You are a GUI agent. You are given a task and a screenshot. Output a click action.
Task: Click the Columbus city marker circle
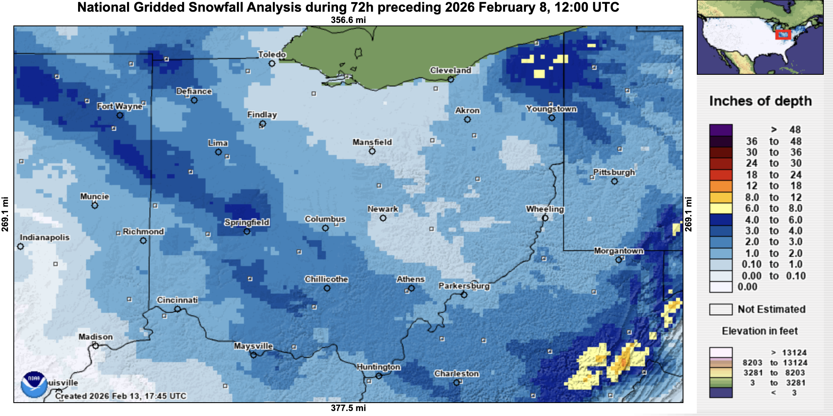[x=325, y=228]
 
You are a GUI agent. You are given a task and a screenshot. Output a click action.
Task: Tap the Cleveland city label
[x=450, y=70]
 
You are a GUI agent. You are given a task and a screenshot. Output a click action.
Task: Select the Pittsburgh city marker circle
[x=614, y=181]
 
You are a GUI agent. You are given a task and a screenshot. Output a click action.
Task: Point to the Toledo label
[x=272, y=54]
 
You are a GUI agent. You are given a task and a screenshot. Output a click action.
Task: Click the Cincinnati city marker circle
[x=178, y=309]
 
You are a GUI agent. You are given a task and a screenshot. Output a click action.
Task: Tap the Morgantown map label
[x=618, y=251]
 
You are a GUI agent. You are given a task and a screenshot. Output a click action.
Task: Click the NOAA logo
[x=33, y=384]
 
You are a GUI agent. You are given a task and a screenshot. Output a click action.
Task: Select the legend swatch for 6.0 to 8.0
[x=721, y=208]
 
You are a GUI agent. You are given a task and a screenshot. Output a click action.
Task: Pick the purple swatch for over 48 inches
[x=721, y=130]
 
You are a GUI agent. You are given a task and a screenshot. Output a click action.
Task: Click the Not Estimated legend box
[x=721, y=309]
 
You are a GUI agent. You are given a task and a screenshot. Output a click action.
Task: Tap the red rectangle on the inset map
[x=783, y=35]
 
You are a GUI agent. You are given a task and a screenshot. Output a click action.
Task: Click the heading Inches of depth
[x=760, y=101]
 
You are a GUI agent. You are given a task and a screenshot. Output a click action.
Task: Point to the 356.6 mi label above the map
[x=348, y=20]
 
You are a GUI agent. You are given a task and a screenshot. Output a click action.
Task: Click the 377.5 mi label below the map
[x=348, y=408]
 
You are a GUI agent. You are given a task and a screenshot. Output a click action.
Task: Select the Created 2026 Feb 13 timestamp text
[x=121, y=396]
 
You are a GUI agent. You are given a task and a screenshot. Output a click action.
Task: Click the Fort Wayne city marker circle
[x=120, y=115]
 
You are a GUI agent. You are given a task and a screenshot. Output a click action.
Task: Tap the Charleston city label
[x=456, y=373]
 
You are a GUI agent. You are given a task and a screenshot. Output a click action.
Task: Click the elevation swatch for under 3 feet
[x=721, y=393]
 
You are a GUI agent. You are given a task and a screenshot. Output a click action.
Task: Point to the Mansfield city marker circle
[x=372, y=151]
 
